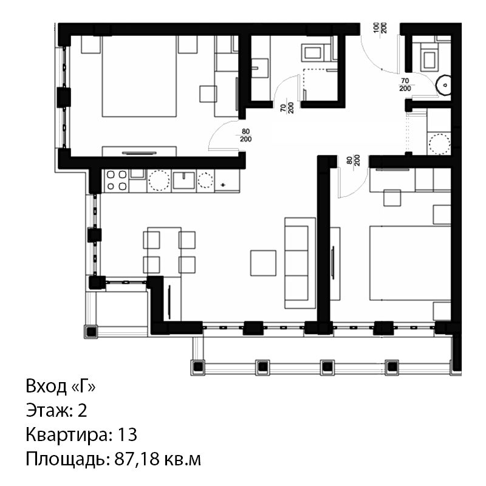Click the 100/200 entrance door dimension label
point(379,28)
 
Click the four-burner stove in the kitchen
point(117,180)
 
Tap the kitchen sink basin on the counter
point(184,180)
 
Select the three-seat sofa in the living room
point(300,263)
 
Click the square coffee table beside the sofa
point(263,263)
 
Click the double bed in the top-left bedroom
point(139,77)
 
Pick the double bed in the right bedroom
point(410,263)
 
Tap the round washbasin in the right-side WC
point(443,84)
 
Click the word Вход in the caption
point(46,386)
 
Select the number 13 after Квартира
point(127,434)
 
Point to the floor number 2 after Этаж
point(82,411)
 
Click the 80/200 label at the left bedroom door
point(245,135)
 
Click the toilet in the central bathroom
point(313,52)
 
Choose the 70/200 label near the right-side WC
point(405,84)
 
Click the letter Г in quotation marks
point(83,387)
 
